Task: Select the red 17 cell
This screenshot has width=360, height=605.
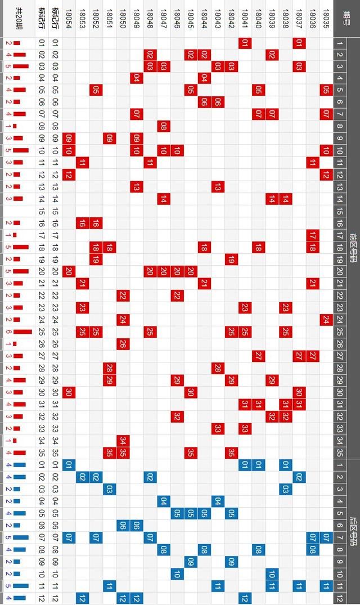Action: pos(313,234)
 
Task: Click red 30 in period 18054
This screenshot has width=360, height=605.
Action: pos(69,392)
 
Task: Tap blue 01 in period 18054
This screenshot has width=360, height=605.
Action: pos(69,464)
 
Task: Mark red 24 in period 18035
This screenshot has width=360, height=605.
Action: pos(326,319)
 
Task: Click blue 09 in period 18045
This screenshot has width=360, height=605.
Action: pos(191,562)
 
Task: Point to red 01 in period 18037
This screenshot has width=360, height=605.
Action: pos(299,43)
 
